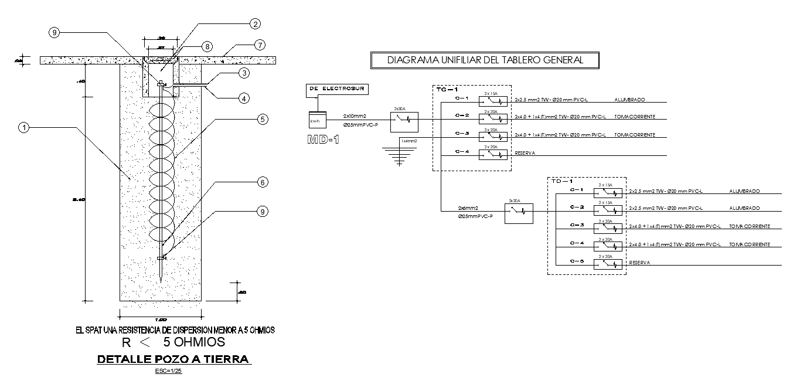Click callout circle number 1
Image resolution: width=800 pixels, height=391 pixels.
pyautogui.click(x=23, y=126)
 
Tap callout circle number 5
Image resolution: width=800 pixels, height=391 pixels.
pyautogui.click(x=263, y=119)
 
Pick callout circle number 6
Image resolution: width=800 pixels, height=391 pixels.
pyautogui.click(x=263, y=182)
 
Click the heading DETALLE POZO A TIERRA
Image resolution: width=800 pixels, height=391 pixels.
pyautogui.click(x=173, y=359)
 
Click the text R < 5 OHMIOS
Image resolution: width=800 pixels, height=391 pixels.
pyautogui.click(x=173, y=342)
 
